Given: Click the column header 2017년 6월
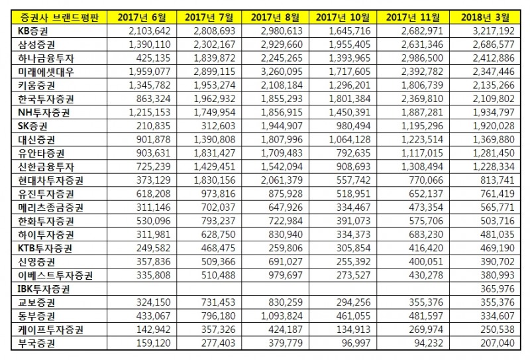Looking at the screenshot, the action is pyautogui.click(x=142, y=17).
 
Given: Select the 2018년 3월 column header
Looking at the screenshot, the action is pyautogui.click(x=485, y=17).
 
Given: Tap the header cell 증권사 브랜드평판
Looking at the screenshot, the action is pyautogui.click(x=59, y=17).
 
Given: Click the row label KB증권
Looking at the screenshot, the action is pyautogui.click(x=32, y=31).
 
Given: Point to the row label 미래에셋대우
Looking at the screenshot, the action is pyautogui.click(x=46, y=72).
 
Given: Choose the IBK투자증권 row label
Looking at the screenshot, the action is pyautogui.click(x=44, y=289).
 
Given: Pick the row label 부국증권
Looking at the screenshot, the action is pyautogui.click(x=36, y=343).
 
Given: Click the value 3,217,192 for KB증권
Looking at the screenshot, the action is pyautogui.click(x=494, y=31).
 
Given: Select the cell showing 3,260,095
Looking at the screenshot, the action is pyautogui.click(x=282, y=72).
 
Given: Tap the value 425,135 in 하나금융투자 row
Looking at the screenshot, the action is pyautogui.click(x=154, y=58).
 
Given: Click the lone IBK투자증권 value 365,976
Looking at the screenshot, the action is pyautogui.click(x=498, y=289).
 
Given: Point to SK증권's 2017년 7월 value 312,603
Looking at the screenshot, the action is pyautogui.click(x=219, y=126).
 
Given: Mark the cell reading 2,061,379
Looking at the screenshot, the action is pyautogui.click(x=282, y=180).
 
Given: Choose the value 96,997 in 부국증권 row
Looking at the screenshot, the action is pyautogui.click(x=356, y=343).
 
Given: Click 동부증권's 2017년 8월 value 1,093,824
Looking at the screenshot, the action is pyautogui.click(x=282, y=316).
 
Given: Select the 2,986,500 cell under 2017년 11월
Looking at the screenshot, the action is pyautogui.click(x=422, y=58).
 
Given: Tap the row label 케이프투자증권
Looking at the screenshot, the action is pyautogui.click(x=50, y=330).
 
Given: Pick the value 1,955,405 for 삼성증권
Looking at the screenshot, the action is pyautogui.click(x=350, y=44).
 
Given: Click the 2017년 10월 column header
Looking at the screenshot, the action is pyautogui.click(x=343, y=17).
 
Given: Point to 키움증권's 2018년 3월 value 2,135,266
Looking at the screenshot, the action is pyautogui.click(x=494, y=86).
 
